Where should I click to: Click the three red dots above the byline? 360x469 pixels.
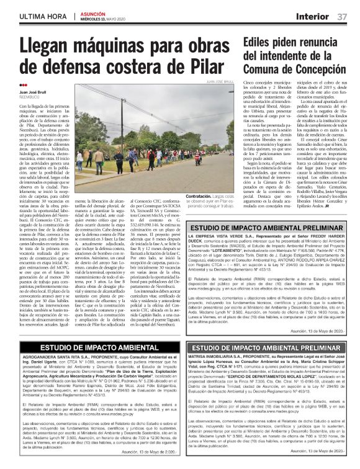coord(24,85)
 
